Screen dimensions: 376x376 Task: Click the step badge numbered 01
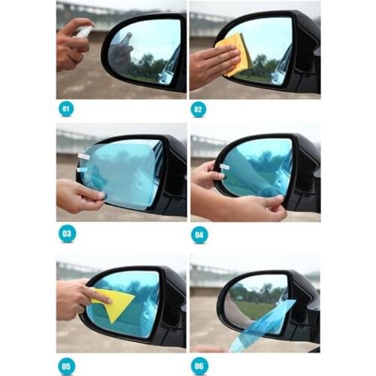point(66,108)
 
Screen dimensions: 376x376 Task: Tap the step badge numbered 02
point(199,108)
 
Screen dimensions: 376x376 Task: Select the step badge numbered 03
point(66,233)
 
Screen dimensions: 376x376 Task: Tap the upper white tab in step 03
point(83,156)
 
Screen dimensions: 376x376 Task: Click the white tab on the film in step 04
point(224,167)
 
